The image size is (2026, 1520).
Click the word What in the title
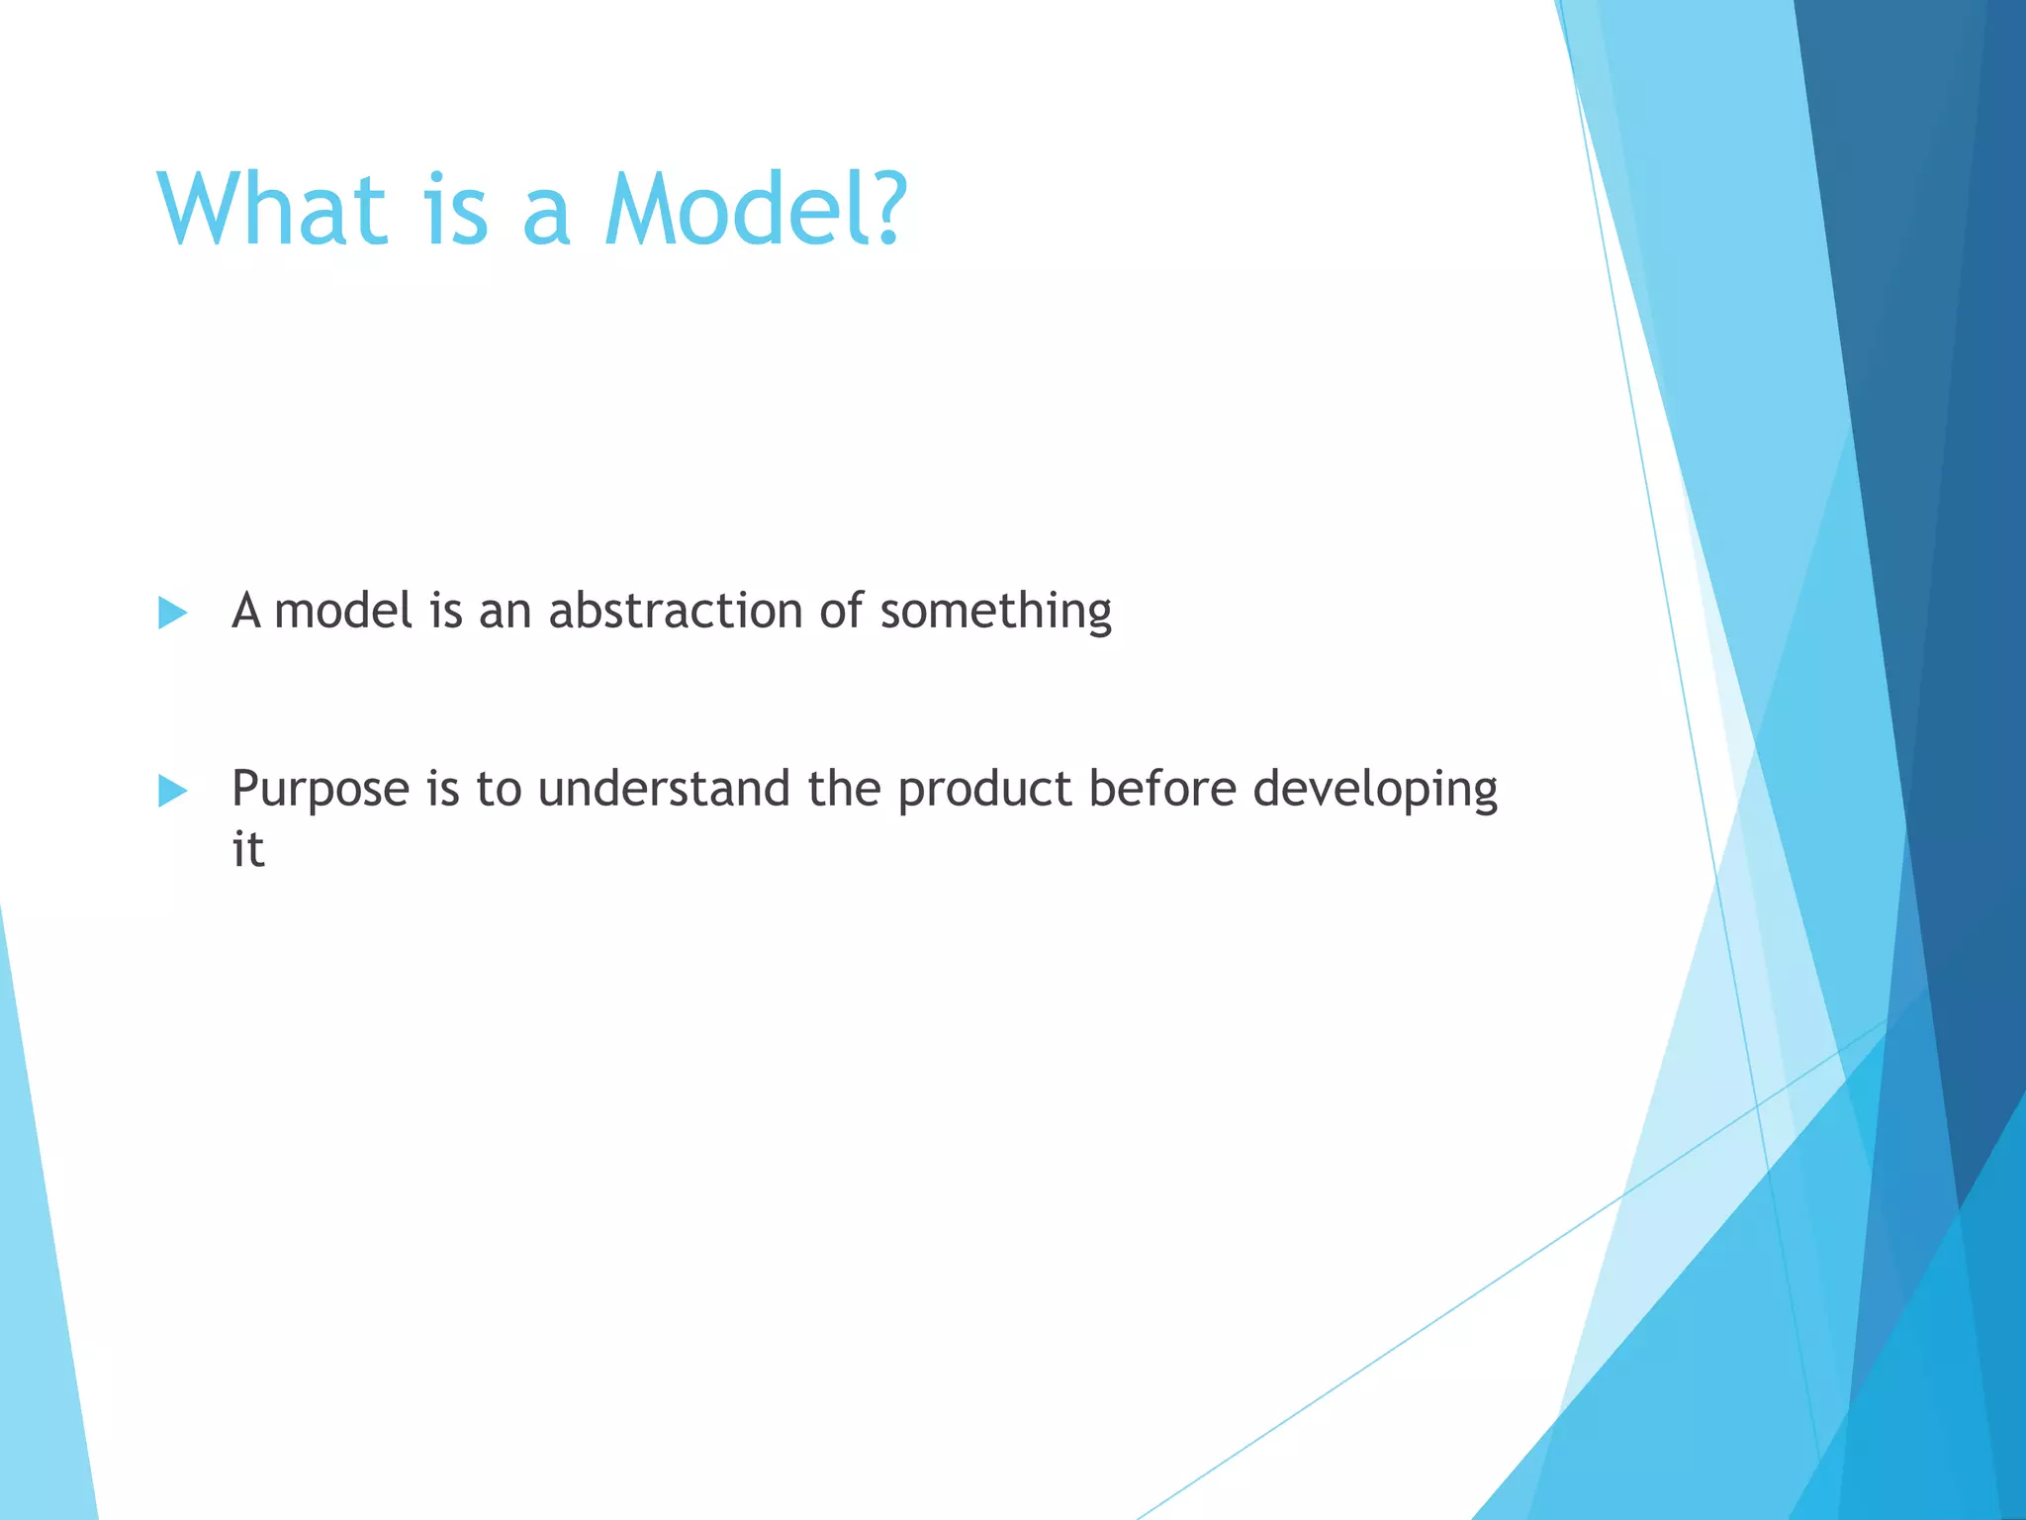click(272, 210)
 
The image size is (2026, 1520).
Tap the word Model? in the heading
click(755, 210)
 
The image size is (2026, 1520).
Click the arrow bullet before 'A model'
click(172, 613)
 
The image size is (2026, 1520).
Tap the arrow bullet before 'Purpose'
click(172, 791)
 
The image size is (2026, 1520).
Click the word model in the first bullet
click(343, 611)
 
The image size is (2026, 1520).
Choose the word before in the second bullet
click(1161, 789)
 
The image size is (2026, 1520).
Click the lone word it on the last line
click(248, 850)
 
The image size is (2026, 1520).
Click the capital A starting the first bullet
click(246, 611)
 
